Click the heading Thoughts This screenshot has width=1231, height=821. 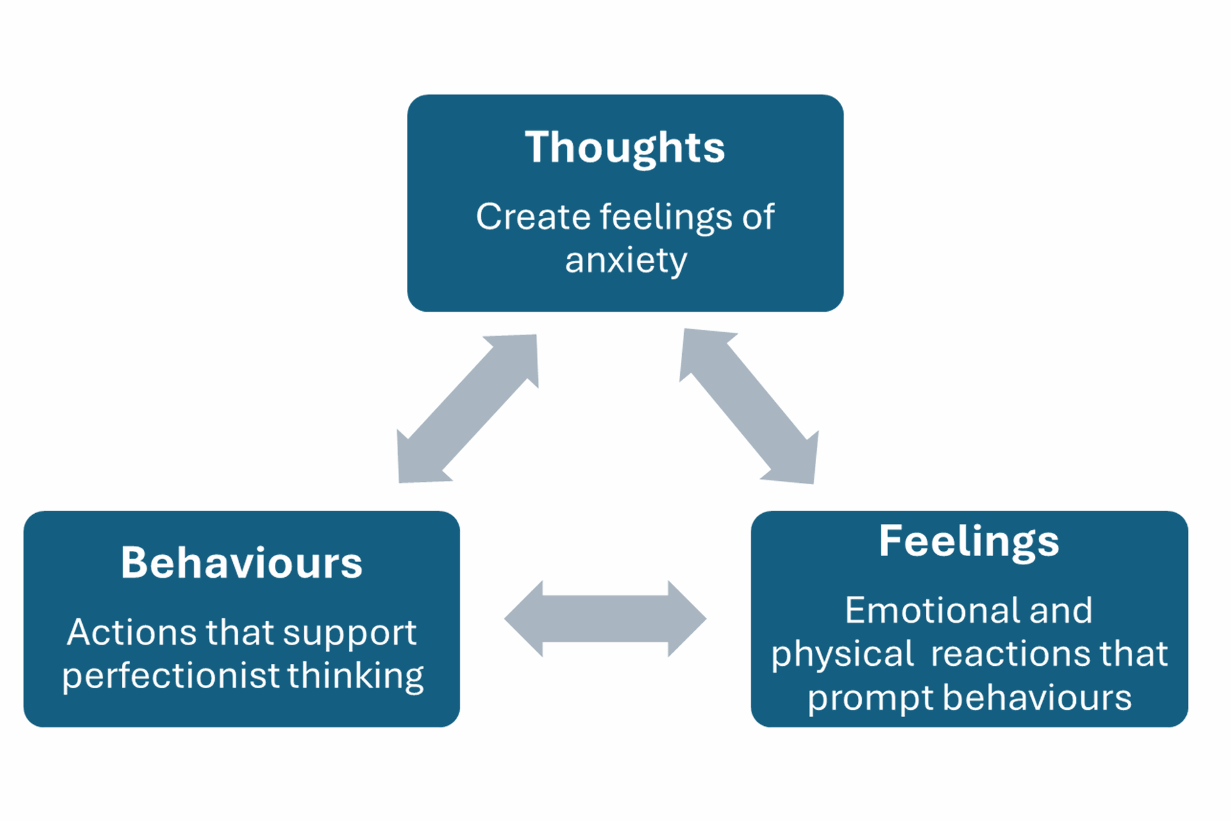(624, 148)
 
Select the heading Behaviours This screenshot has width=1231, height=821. (242, 563)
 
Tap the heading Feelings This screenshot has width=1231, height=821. (969, 541)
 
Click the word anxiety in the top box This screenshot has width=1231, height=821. (626, 260)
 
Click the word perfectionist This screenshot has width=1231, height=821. (171, 676)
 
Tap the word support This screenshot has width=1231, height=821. (349, 634)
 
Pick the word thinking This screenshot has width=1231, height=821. (355, 676)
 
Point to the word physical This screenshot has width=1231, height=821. (842, 655)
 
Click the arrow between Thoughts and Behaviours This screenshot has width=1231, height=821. (467, 409)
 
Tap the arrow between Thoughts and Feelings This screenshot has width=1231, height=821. (749, 407)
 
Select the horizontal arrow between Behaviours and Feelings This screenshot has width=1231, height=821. (605, 619)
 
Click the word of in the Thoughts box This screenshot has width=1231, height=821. (758, 217)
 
